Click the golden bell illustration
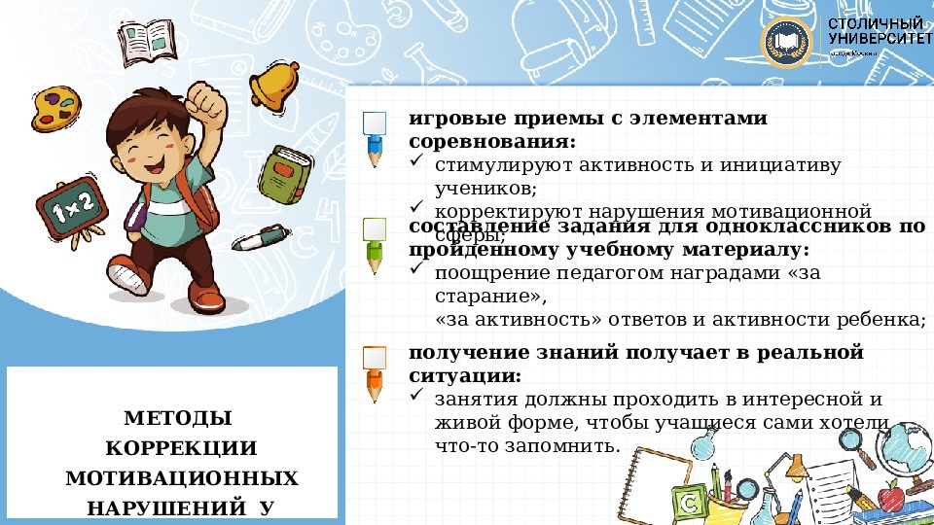[273, 86]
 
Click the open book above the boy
[148, 38]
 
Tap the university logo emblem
[787, 43]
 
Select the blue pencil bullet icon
[375, 137]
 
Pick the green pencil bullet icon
[375, 243]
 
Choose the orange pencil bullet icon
[375, 372]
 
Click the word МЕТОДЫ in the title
[178, 419]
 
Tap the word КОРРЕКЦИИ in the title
[180, 449]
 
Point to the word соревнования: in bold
[491, 142]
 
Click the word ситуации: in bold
[464, 375]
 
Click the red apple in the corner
[890, 497]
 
